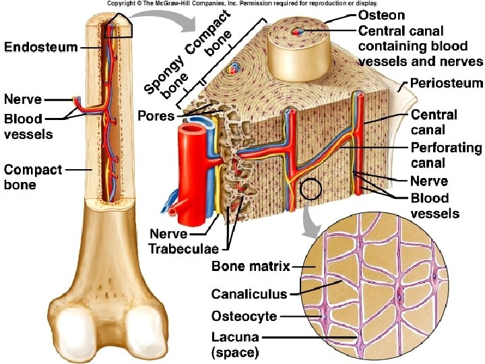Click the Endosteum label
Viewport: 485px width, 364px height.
(41, 47)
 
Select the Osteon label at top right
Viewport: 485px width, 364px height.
(381, 15)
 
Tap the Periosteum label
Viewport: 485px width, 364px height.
(447, 84)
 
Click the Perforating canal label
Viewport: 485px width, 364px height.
(447, 155)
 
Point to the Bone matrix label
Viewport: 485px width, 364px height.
(251, 266)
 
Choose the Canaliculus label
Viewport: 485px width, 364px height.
(249, 294)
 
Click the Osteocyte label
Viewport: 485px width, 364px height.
(244, 316)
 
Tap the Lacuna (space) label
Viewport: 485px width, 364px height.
(236, 344)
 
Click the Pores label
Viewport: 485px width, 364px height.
(156, 116)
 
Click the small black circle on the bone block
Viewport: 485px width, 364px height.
(310, 189)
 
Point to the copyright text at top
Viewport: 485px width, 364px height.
(247, 3)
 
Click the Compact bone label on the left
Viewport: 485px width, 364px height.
(33, 177)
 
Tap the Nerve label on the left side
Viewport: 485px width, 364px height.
(23, 100)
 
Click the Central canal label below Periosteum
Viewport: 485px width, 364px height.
(434, 121)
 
